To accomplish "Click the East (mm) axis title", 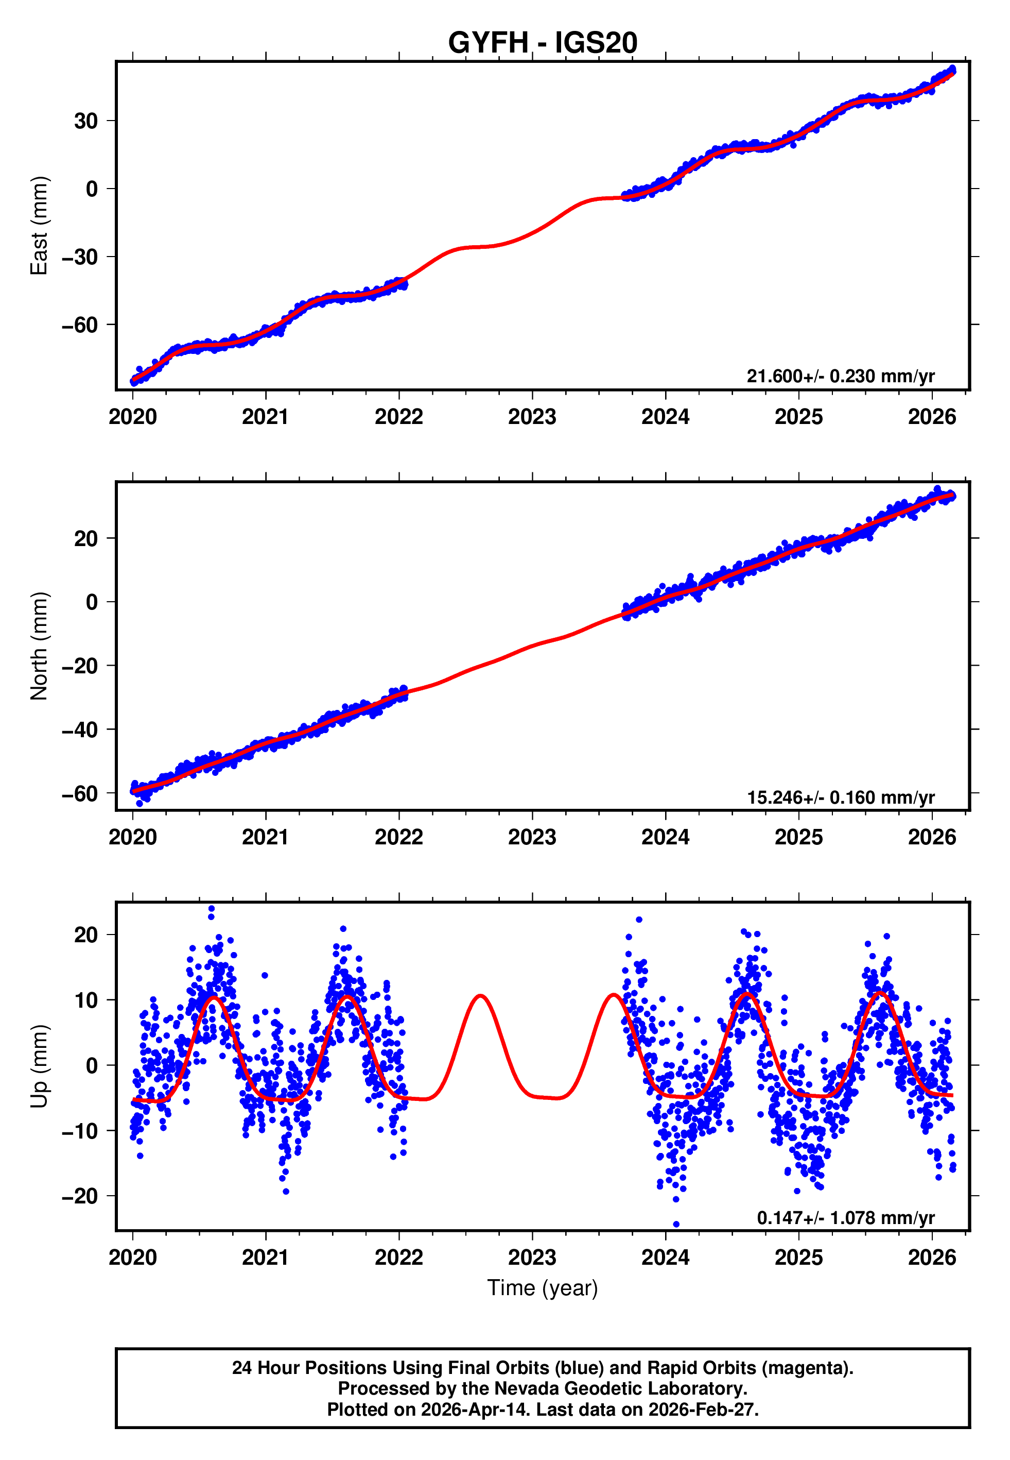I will [x=39, y=226].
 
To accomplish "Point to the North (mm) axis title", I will [x=39, y=646].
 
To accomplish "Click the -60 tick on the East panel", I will [x=80, y=325].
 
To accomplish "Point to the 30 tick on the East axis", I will [x=86, y=121].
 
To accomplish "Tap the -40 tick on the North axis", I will [x=80, y=729].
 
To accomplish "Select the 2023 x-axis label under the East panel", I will [x=532, y=417].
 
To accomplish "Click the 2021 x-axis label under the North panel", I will [x=265, y=838].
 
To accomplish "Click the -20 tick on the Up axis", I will [x=80, y=1196].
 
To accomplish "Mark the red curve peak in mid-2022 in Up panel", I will [x=481, y=996].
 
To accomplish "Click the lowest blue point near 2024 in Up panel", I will [x=676, y=1224].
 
